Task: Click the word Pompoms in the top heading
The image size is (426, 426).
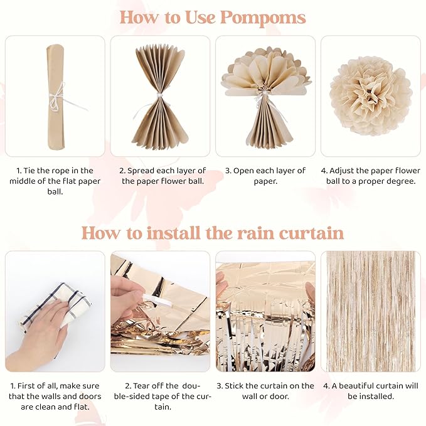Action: coord(263,18)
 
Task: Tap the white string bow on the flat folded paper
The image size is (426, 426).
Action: coord(58,99)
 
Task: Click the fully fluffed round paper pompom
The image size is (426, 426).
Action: coord(371,96)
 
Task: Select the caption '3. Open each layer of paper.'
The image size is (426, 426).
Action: coord(265,176)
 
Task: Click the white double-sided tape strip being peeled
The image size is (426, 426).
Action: coord(157,299)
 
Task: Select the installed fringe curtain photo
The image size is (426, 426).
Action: coord(371,311)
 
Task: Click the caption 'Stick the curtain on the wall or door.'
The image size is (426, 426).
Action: coord(265,391)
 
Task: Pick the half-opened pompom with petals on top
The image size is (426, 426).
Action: coord(266,97)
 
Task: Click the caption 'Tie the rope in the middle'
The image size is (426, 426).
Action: coord(55,176)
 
